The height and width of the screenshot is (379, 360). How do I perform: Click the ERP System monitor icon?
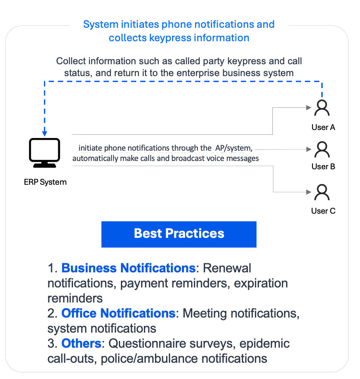click(44, 153)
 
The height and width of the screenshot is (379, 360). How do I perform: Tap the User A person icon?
click(322, 107)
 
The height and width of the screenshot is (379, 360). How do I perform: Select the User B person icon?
click(322, 150)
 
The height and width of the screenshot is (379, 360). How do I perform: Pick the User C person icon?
click(322, 193)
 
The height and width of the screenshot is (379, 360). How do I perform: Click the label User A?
click(323, 127)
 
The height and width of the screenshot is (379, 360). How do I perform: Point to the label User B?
click(323, 167)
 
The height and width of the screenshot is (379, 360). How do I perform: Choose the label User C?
click(323, 211)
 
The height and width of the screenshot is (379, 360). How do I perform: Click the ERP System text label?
click(45, 182)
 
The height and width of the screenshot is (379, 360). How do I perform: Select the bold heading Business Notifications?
click(128, 268)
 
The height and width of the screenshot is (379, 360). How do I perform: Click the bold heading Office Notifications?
click(118, 313)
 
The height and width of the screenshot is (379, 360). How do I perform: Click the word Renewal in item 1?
click(227, 268)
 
